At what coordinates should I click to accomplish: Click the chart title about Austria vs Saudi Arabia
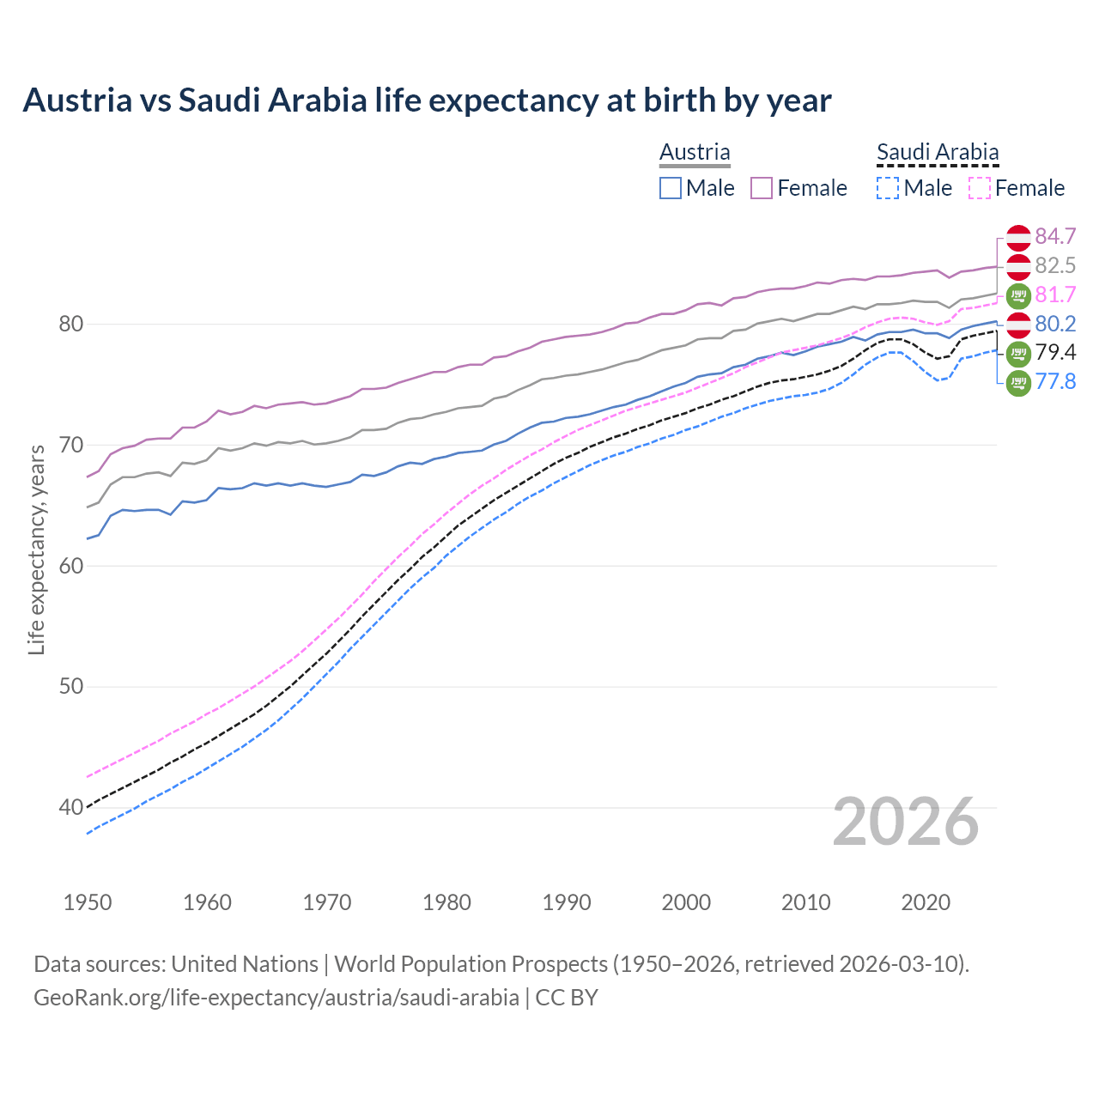pyautogui.click(x=427, y=100)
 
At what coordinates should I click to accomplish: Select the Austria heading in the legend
pyautogui.click(x=695, y=152)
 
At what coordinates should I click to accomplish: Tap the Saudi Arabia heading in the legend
pyautogui.click(x=938, y=152)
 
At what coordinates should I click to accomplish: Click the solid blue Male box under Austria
pyautogui.click(x=671, y=188)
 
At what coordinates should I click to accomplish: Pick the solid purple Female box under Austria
pyautogui.click(x=762, y=188)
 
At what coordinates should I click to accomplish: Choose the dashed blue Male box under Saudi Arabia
pyautogui.click(x=888, y=188)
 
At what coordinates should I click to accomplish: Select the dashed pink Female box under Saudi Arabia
pyautogui.click(x=980, y=188)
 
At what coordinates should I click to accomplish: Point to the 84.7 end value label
pyautogui.click(x=1055, y=236)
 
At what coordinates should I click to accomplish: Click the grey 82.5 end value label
pyautogui.click(x=1055, y=265)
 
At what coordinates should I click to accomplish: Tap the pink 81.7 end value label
pyautogui.click(x=1055, y=294)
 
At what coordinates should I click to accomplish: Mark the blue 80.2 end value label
pyautogui.click(x=1055, y=324)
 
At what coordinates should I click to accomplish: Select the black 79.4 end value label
pyautogui.click(x=1055, y=353)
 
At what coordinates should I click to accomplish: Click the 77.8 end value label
pyautogui.click(x=1055, y=382)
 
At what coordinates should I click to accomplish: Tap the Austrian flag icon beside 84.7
pyautogui.click(x=1018, y=237)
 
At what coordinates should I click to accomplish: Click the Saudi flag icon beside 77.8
pyautogui.click(x=1018, y=383)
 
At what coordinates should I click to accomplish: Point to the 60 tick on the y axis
pyautogui.click(x=71, y=566)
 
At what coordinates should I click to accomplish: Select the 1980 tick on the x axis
pyautogui.click(x=446, y=902)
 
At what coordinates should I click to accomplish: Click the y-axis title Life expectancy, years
pyautogui.click(x=36, y=549)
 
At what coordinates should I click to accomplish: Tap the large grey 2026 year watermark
pyautogui.click(x=906, y=822)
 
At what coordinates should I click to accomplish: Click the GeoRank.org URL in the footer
pyautogui.click(x=276, y=998)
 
